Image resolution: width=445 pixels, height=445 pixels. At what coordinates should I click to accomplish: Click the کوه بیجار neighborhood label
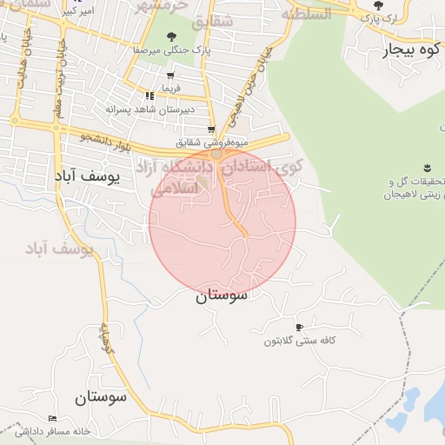411,50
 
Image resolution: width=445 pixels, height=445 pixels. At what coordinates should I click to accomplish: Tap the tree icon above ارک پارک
377,5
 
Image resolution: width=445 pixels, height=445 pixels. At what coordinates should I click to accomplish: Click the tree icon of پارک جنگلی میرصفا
170,37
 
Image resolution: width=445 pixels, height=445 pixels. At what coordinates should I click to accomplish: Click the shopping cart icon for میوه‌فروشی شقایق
211,130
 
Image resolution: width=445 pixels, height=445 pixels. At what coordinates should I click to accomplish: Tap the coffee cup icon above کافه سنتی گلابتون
300,328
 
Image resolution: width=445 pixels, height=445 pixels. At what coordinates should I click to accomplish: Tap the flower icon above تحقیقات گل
427,167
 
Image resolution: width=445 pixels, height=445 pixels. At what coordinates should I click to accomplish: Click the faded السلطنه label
307,13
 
